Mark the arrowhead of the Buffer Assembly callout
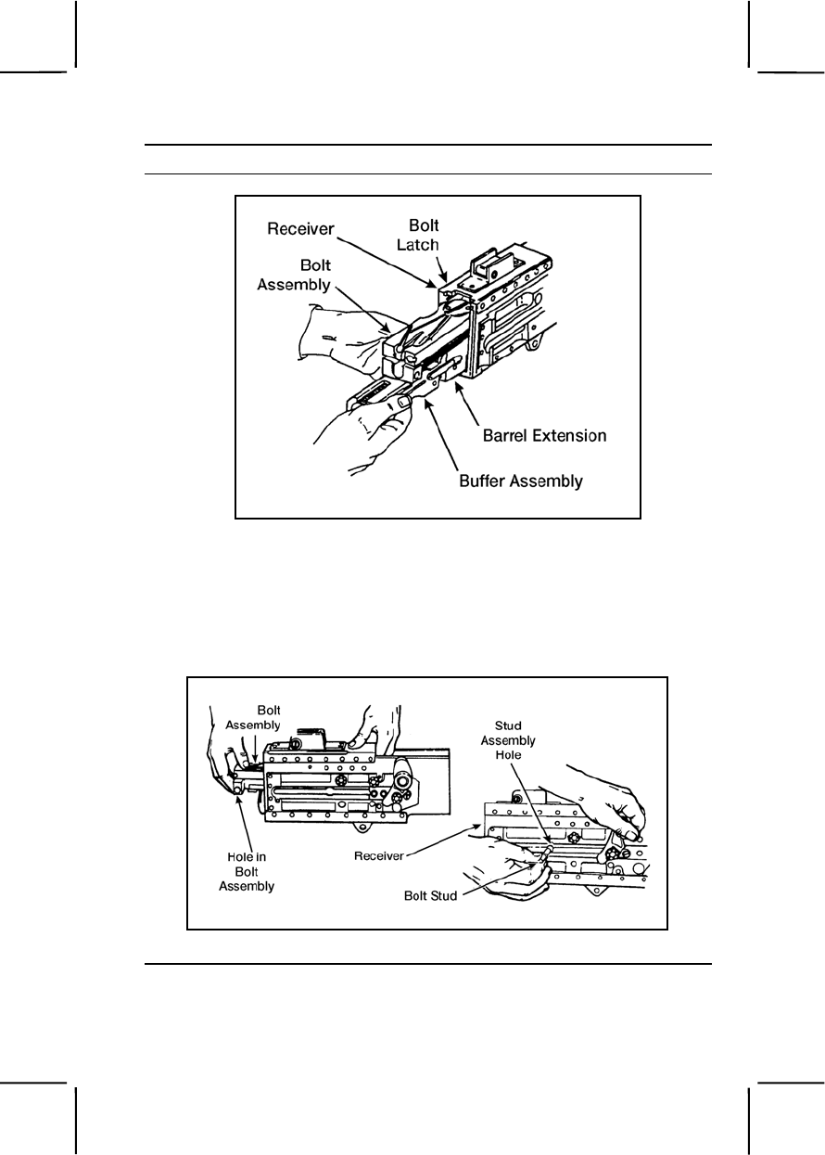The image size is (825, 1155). coord(425,402)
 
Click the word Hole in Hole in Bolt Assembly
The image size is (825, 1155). coord(239,855)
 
